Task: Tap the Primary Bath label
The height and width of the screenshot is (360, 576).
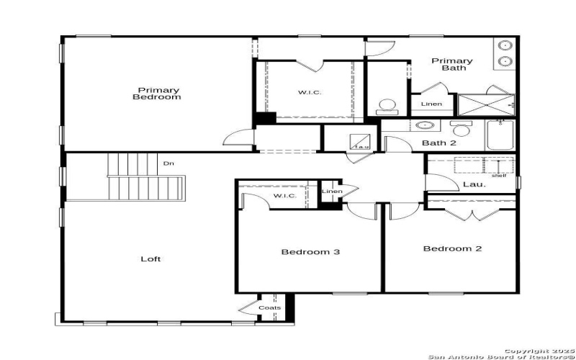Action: [x=452, y=64]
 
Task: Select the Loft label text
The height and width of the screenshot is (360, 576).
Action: [x=150, y=258]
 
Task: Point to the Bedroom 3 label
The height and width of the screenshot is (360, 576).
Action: [x=310, y=252]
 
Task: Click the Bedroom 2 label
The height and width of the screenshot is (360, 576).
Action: [x=452, y=249]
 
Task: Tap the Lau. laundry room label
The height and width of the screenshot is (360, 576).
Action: [x=474, y=184]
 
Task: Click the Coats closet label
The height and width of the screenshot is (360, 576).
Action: [x=270, y=308]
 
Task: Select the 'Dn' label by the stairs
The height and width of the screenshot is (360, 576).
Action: [x=168, y=163]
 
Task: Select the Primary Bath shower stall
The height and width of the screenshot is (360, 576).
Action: [x=487, y=104]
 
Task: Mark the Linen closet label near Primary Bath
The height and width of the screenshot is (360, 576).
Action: [x=431, y=105]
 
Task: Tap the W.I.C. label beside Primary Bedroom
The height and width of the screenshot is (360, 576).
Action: [x=310, y=92]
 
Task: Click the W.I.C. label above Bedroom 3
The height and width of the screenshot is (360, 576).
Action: [x=281, y=197]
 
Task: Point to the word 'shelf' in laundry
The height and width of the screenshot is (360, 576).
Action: [x=499, y=175]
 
